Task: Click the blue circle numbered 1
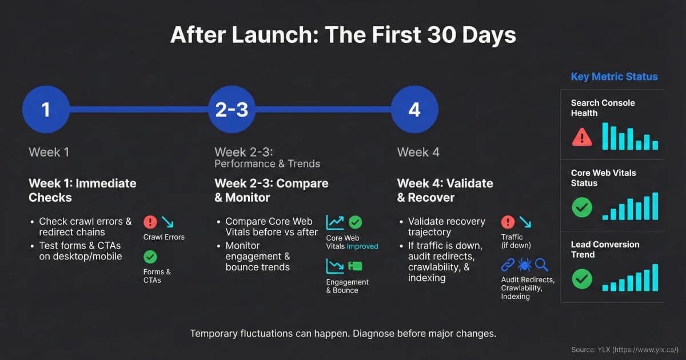[46, 109]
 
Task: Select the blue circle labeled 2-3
[232, 109]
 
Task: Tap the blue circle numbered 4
[414, 109]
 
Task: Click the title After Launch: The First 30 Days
[343, 35]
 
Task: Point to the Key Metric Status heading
[614, 77]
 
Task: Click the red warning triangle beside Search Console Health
[582, 137]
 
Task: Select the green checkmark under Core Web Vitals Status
[582, 207]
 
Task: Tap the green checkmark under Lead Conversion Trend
[582, 279]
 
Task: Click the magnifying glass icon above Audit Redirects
[541, 265]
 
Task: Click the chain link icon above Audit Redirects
[508, 265]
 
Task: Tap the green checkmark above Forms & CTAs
[150, 257]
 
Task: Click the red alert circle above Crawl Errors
[150, 222]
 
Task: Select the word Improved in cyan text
[362, 246]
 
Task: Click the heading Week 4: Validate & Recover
[445, 190]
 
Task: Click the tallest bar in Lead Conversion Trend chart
[655, 277]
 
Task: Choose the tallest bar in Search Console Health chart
[605, 136]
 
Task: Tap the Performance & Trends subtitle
[267, 164]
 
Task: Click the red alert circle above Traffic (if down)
[508, 222]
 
